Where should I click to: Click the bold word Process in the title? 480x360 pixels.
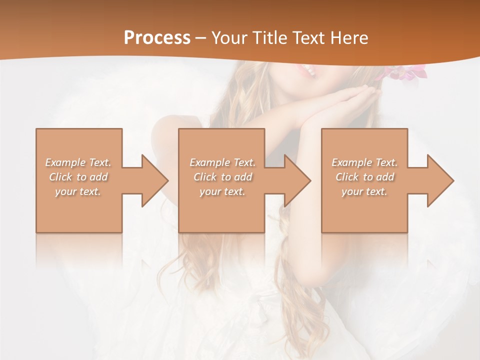point(157,38)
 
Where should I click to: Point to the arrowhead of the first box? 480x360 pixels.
point(153,180)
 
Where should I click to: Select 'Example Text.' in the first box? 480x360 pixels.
point(78,162)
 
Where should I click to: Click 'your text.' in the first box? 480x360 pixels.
point(78,191)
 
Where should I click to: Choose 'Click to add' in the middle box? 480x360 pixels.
point(222,177)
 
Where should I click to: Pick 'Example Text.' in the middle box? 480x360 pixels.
point(222,162)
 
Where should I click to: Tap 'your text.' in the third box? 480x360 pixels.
point(364,191)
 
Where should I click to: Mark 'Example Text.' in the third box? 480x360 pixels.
point(364,162)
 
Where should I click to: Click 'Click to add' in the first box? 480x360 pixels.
point(78,177)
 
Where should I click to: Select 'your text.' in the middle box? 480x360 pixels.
point(222,191)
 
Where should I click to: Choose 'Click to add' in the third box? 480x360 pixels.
point(364,177)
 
